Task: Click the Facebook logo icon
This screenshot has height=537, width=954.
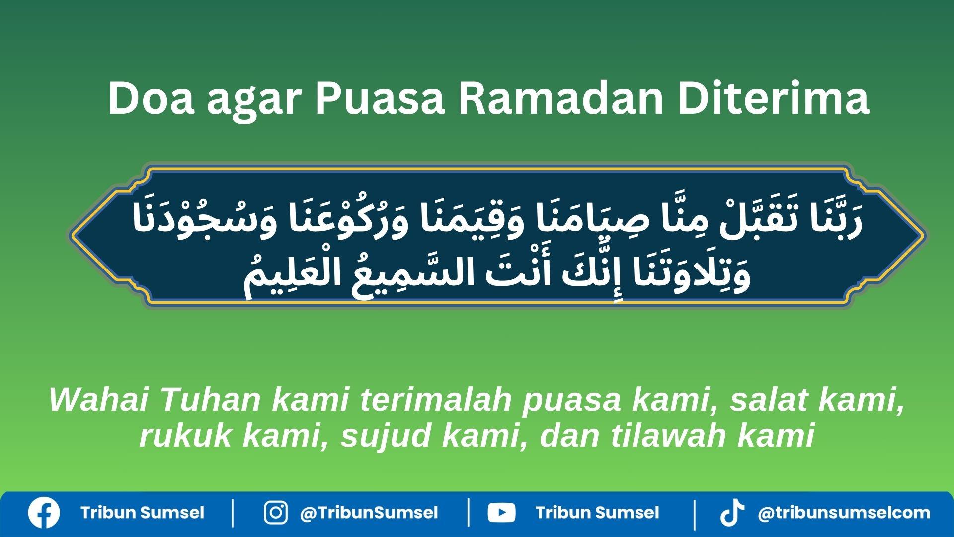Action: point(44,513)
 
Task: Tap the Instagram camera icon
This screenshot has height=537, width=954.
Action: point(275,513)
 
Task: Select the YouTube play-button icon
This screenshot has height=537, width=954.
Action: point(501,513)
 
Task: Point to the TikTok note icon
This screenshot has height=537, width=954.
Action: point(732,513)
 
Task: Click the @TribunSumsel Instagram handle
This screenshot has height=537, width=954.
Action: point(369,513)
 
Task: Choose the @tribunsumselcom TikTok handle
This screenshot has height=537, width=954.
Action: point(844,513)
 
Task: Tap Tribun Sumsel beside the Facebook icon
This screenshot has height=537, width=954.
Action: point(142,513)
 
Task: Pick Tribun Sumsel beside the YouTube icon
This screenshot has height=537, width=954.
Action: point(597,513)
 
